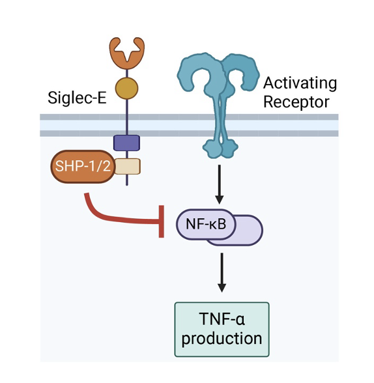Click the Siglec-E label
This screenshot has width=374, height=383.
click(77, 98)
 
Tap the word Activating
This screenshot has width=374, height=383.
click(300, 83)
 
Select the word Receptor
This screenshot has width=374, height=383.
click(296, 102)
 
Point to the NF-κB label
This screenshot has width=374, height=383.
click(206, 224)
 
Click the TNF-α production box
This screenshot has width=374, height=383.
click(222, 330)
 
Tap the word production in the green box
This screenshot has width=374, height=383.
click(222, 338)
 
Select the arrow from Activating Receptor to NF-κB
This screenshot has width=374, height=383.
click(219, 184)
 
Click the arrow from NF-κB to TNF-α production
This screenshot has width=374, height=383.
click(222, 272)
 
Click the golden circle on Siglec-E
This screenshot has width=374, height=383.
click(126, 88)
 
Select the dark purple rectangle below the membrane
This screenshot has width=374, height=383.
click(127, 143)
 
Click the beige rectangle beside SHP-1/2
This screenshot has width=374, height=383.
click(128, 166)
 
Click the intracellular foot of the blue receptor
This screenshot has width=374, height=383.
click(220, 148)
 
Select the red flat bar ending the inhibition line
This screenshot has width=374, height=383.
click(161, 221)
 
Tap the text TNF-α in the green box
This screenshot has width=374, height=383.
click(222, 319)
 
